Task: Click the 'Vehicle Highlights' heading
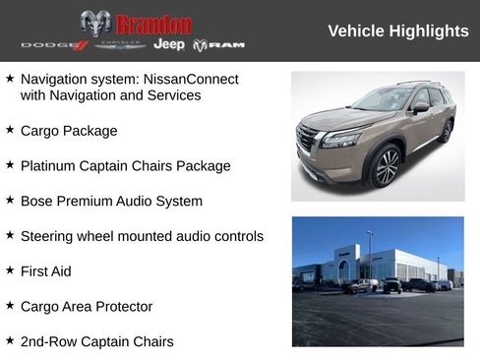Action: coord(397,31)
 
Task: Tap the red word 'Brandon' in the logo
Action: coord(153,25)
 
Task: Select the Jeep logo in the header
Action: coord(169,45)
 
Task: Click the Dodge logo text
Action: coord(54,45)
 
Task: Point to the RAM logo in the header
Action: coord(218,45)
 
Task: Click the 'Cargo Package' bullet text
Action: coord(68,131)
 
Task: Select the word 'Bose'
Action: coord(36,201)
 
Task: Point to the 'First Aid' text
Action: coord(45,270)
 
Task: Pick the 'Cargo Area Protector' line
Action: coord(86,306)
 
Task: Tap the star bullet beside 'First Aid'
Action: coord(10,270)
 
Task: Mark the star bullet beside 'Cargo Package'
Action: coord(10,130)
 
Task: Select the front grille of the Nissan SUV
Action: coord(307,138)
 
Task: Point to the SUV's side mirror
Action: coord(421,107)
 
